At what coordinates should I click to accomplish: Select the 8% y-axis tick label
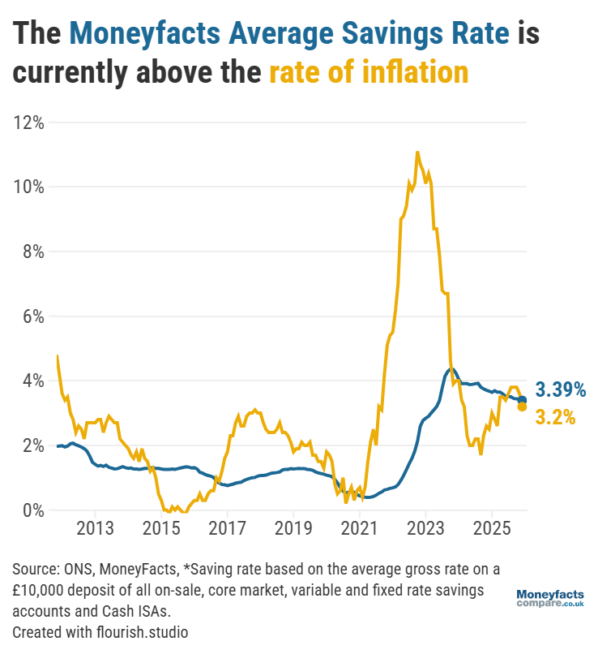click(x=32, y=252)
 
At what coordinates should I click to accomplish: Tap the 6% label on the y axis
click(x=32, y=316)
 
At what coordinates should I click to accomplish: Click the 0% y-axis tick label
click(x=32, y=510)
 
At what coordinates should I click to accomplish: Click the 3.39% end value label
click(x=560, y=389)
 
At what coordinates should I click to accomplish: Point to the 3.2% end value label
click(x=555, y=417)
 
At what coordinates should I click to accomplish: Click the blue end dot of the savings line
click(x=523, y=400)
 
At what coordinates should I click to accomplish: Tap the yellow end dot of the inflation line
click(x=523, y=407)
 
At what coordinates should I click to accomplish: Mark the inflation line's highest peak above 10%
click(x=417, y=152)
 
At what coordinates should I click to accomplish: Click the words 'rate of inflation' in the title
click(x=369, y=72)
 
